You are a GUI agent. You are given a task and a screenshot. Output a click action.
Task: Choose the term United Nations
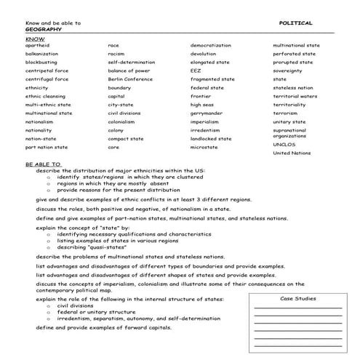pyautogui.click(x=290, y=152)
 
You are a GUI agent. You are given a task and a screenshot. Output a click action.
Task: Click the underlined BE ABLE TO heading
pyautogui.click(x=44, y=164)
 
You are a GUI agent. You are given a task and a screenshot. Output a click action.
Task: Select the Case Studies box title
pyautogui.click(x=297, y=298)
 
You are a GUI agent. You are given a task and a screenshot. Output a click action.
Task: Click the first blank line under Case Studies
pyautogui.click(x=297, y=308)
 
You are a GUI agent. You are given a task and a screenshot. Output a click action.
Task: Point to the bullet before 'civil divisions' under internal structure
pyautogui.click(x=48, y=305)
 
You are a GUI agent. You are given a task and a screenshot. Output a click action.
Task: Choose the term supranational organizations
pyautogui.click(x=291, y=133)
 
